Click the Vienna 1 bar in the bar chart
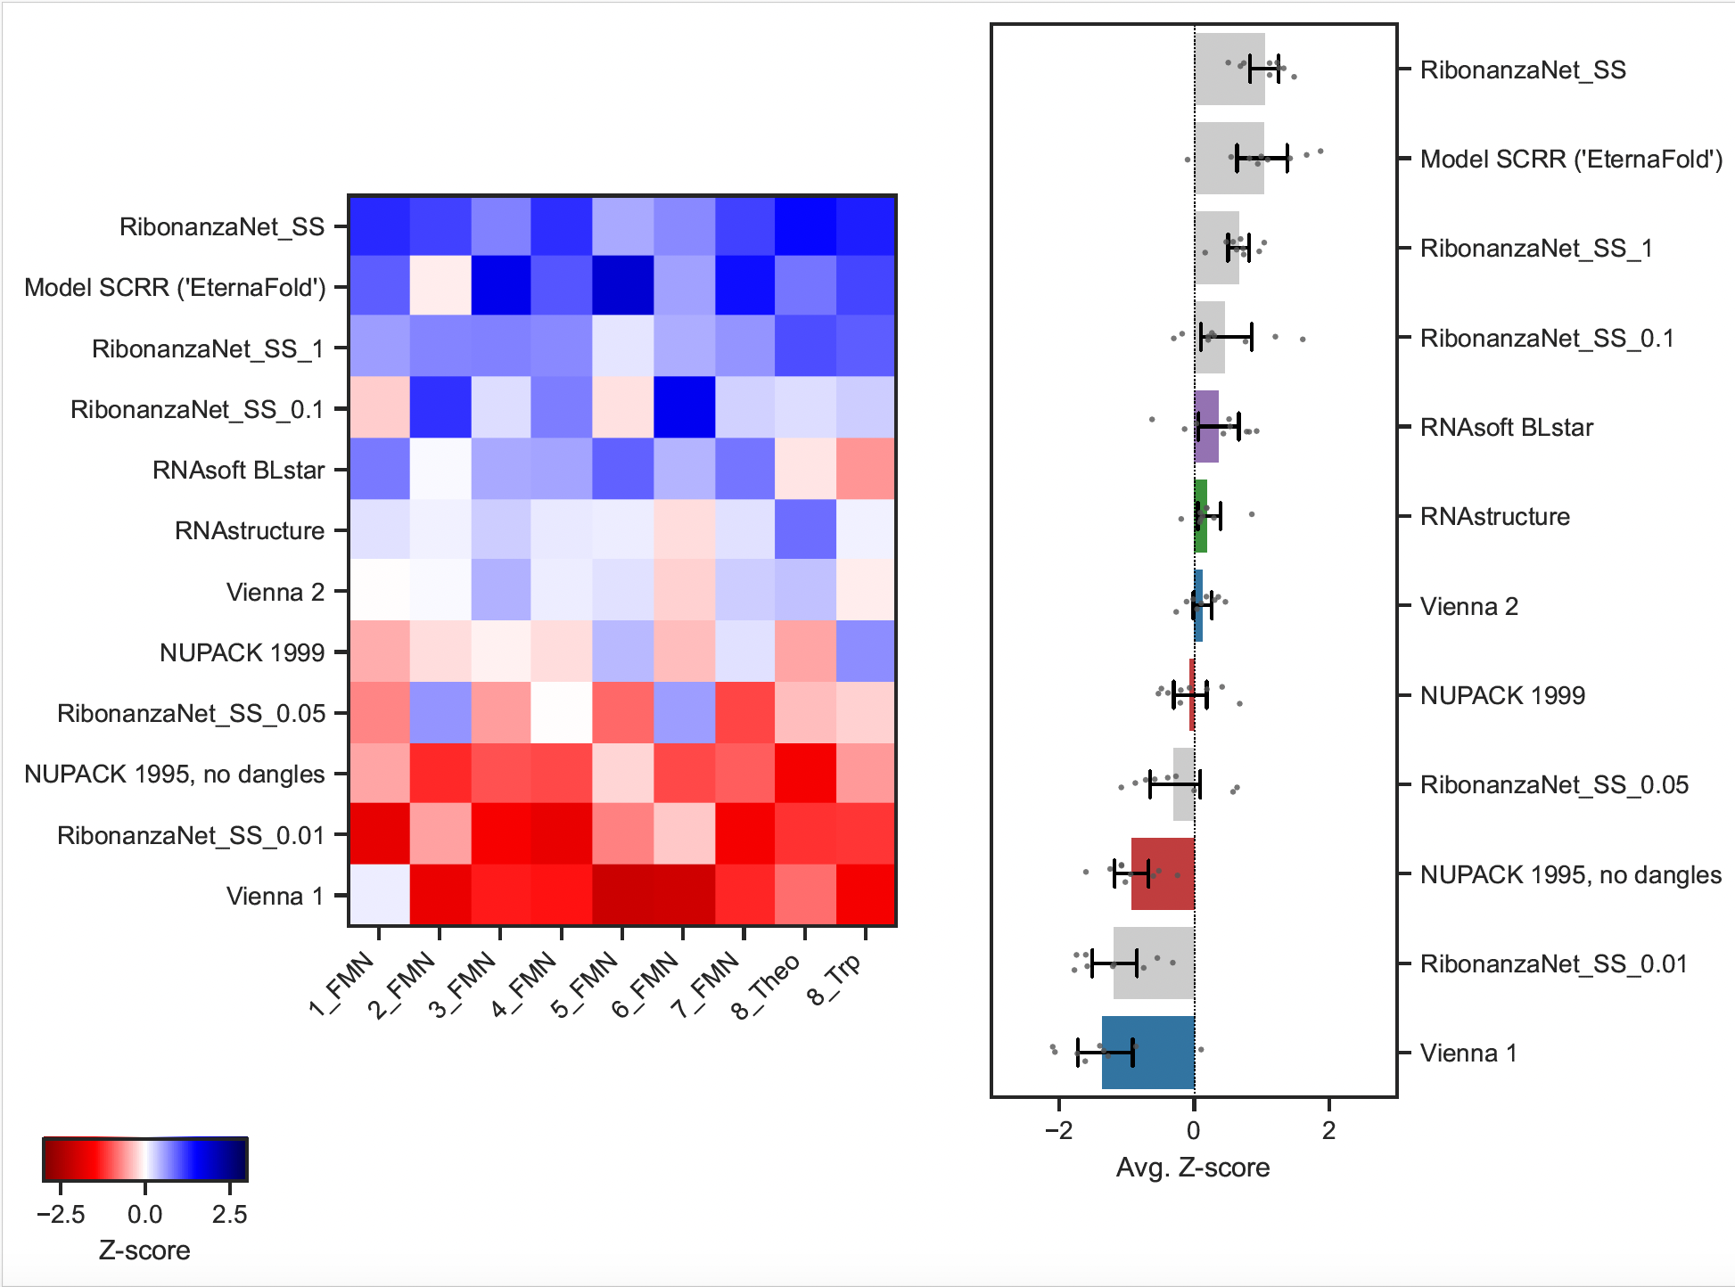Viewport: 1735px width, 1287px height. pos(1147,1053)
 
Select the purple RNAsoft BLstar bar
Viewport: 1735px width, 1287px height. pos(1206,427)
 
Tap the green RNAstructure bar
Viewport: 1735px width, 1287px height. pos(1201,516)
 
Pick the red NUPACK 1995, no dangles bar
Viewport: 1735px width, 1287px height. pos(1163,874)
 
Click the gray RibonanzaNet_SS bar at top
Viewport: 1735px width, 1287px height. pos(1229,70)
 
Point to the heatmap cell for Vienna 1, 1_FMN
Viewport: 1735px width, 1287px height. pos(379,896)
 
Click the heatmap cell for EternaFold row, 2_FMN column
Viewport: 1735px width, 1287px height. pos(440,287)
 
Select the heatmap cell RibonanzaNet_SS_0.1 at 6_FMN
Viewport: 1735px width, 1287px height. pos(684,408)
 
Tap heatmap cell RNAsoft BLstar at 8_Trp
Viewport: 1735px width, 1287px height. pos(866,469)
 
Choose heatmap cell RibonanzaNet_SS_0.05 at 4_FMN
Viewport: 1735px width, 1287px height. pos(562,713)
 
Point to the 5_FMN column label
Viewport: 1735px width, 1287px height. pos(584,985)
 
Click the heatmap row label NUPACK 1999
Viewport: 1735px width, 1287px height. pos(242,652)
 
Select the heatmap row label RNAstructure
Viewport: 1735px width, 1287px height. pos(250,530)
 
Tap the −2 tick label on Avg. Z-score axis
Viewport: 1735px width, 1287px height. pos(1058,1131)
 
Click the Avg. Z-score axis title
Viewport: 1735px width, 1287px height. pos(1193,1168)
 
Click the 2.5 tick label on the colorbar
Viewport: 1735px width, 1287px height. pos(229,1214)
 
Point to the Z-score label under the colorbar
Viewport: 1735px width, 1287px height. pos(144,1250)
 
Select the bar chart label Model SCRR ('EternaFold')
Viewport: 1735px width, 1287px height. pos(1571,159)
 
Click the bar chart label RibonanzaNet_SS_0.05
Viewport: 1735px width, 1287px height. pos(1554,784)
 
